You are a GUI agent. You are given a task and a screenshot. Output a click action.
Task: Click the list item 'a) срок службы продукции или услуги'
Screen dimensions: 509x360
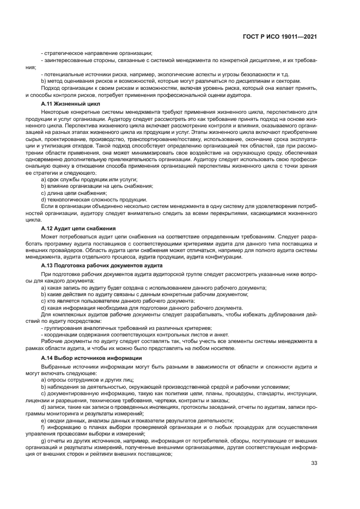tap(89, 179)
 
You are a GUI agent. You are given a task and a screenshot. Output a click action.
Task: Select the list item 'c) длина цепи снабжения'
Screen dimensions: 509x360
tap(74, 193)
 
